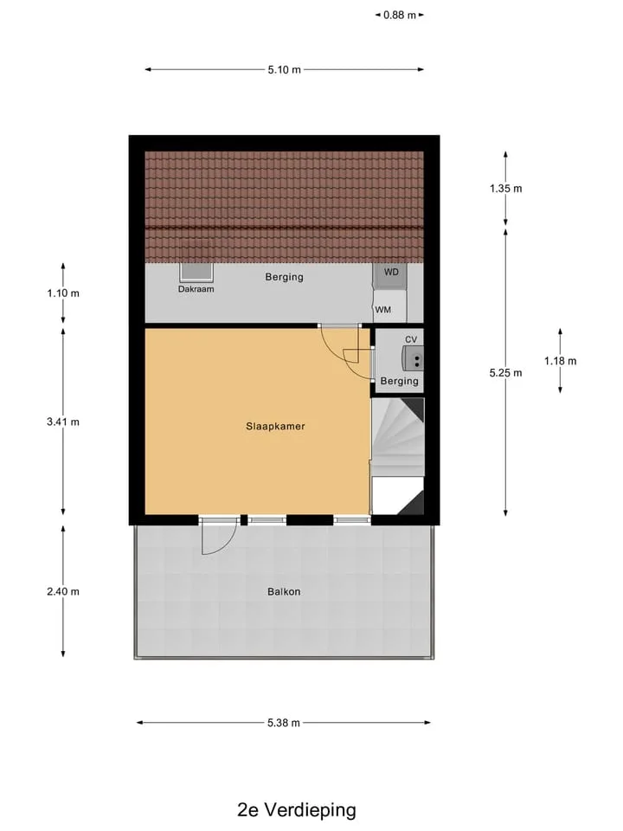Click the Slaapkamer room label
point(275,426)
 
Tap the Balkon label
point(284,591)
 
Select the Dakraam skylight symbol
point(196,273)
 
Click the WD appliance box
point(391,275)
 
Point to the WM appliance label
point(383,310)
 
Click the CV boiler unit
point(413,358)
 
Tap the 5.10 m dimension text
point(285,69)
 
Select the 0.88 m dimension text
point(400,15)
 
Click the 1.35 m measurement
point(506,188)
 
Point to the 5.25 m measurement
point(506,373)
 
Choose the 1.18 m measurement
point(561,361)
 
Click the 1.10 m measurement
point(63,293)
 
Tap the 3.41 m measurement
point(63,422)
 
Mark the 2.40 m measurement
point(63,591)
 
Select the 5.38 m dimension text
point(284,722)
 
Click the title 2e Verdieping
point(297,810)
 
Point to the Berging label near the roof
point(285,277)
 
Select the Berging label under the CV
point(400,381)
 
